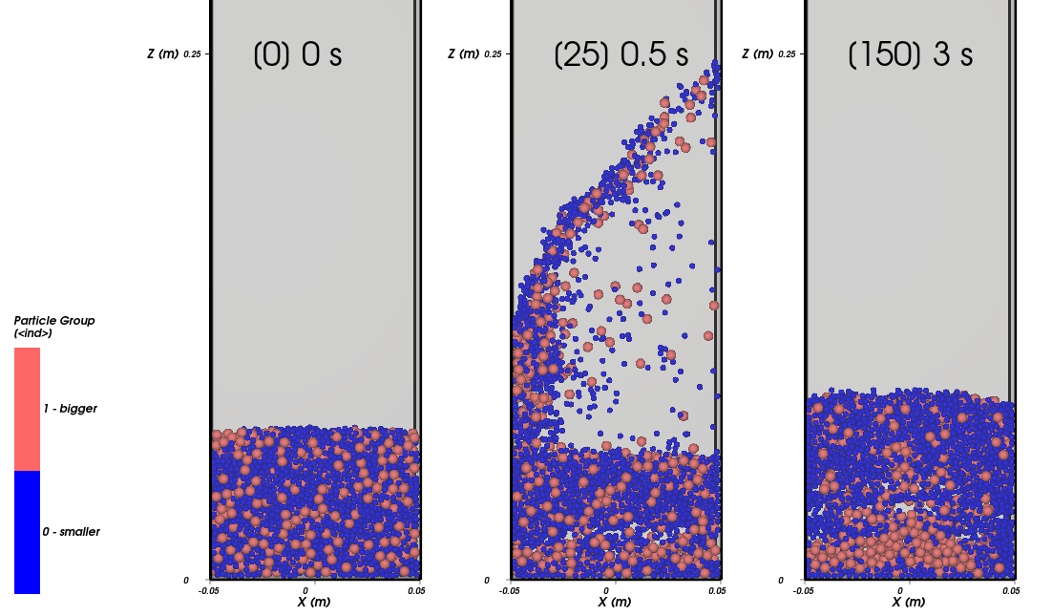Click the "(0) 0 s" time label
point(297,54)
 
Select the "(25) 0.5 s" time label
point(621,54)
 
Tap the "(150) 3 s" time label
point(910,54)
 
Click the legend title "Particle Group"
point(54,321)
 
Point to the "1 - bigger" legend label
point(70,409)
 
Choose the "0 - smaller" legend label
point(71,532)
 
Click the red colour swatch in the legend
point(27,409)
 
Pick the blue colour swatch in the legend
point(27,532)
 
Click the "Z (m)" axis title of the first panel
point(162,54)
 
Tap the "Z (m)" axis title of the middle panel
point(463,54)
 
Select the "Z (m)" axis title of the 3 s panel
point(757,54)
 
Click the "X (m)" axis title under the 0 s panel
point(315,603)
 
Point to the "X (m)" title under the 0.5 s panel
point(616,603)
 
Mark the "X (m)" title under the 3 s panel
point(910,603)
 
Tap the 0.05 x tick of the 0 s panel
point(416,591)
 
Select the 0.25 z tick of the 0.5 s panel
point(493,54)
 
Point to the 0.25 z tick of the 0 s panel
point(193,54)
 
